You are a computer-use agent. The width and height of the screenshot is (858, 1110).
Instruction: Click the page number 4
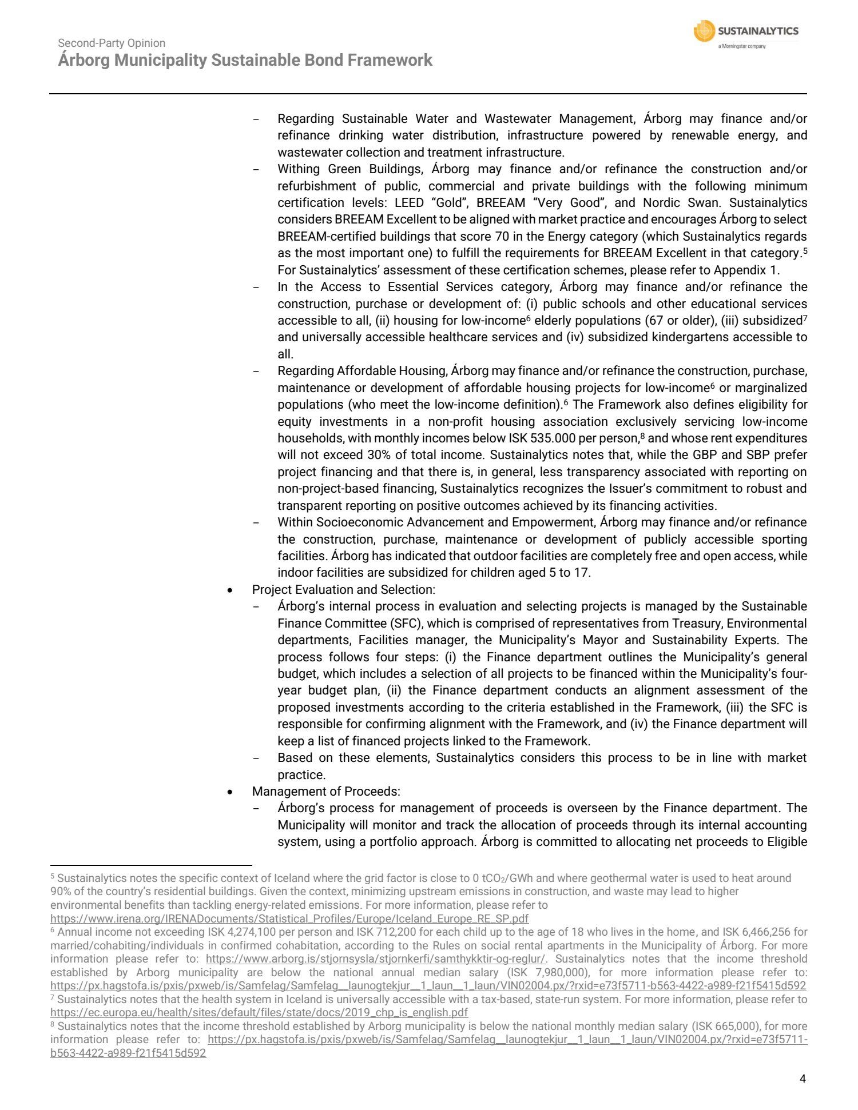point(803,1079)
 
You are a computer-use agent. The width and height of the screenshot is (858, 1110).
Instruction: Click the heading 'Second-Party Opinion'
point(112,43)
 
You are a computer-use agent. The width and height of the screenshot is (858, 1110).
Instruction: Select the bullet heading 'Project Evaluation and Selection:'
point(343,589)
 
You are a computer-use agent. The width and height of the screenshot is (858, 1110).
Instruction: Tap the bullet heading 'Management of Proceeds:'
point(326,791)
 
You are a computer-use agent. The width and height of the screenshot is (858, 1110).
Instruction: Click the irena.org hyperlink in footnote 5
point(289,919)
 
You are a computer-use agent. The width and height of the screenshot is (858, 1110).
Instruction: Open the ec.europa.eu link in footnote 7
point(259,1012)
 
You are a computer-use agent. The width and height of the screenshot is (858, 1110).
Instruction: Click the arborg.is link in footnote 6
point(375,959)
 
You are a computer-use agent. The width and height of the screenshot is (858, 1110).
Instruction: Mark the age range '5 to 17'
point(569,572)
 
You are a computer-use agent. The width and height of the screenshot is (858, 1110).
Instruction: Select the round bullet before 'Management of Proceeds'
point(230,792)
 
